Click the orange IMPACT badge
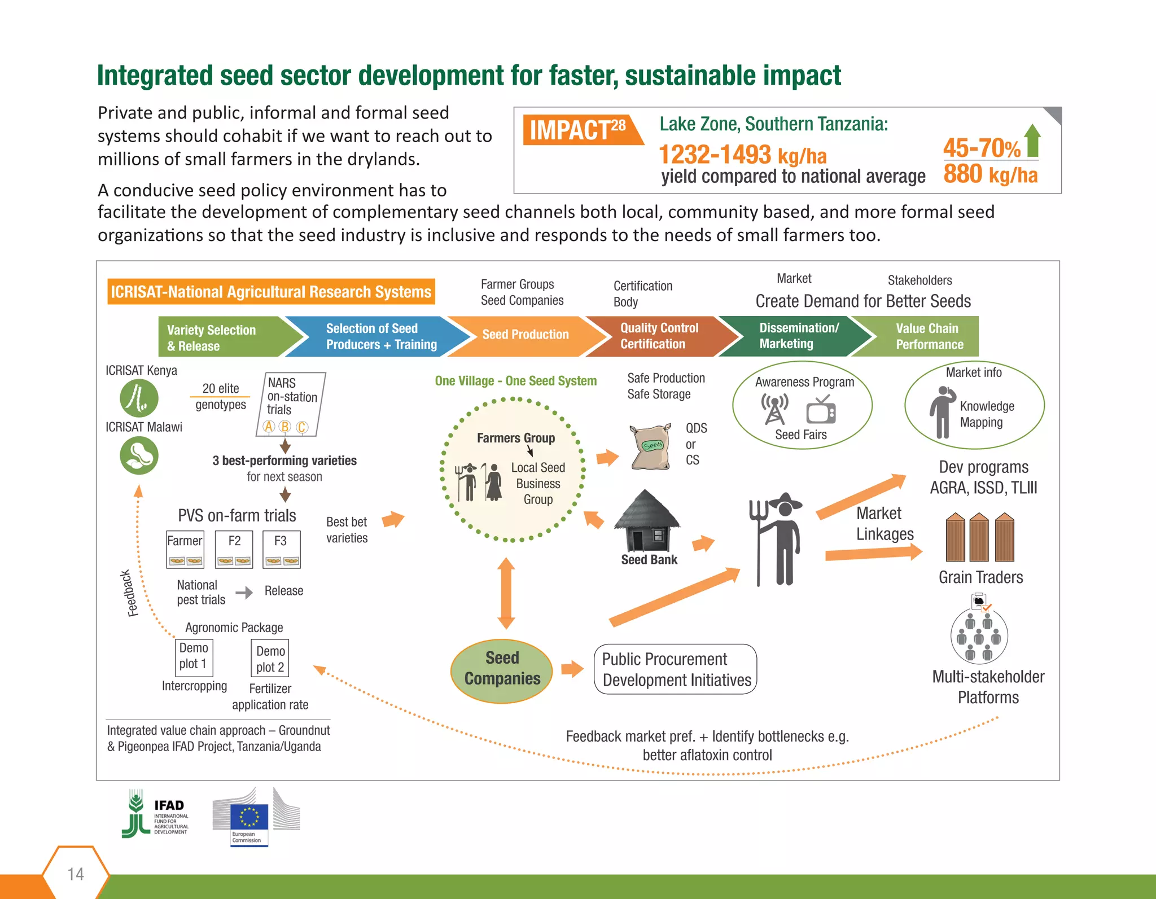581,130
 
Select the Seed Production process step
525,335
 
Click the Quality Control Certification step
659,336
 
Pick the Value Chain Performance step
929,336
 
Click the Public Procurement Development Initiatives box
676,669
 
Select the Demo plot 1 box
194,656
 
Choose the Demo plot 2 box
270,659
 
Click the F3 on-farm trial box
281,549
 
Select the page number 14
76,874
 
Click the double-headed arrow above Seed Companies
506,593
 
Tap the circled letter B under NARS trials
285,427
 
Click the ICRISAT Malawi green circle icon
139,455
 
